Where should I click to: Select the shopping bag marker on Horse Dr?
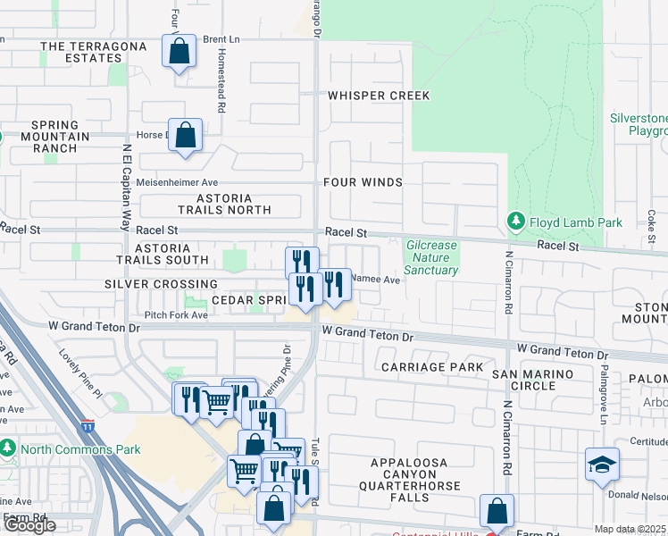click(x=185, y=136)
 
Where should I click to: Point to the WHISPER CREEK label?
click(x=379, y=96)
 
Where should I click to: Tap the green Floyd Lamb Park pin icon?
click(x=515, y=220)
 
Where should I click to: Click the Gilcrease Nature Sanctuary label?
click(x=432, y=257)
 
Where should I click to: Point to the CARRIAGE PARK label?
click(x=432, y=367)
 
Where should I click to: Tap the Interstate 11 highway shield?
click(x=88, y=428)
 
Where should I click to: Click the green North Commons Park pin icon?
click(x=8, y=447)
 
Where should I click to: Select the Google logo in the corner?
click(x=29, y=525)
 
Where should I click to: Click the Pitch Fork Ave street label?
click(x=176, y=315)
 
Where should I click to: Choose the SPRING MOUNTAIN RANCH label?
click(x=61, y=137)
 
